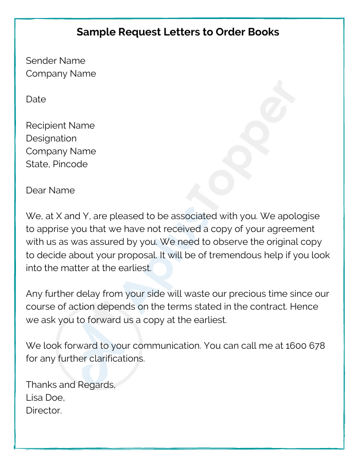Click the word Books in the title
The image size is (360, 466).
click(x=262, y=32)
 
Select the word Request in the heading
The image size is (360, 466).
click(x=137, y=32)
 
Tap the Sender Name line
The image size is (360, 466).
click(x=56, y=61)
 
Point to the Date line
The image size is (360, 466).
click(x=36, y=99)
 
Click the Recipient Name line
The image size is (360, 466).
click(x=60, y=126)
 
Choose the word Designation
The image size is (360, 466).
click(x=51, y=138)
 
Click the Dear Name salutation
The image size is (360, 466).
click(x=50, y=190)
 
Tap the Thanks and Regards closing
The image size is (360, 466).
click(x=71, y=385)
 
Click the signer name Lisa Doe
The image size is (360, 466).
click(x=45, y=398)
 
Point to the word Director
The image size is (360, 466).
click(x=44, y=410)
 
